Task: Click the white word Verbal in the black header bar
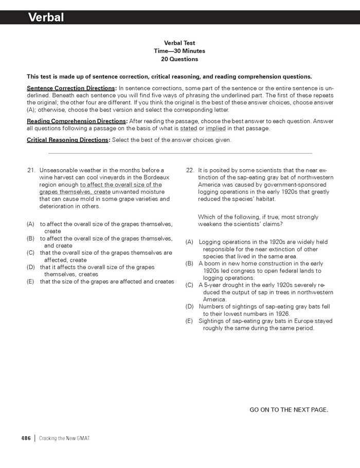point(46,17)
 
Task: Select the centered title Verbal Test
point(179,43)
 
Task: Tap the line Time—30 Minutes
point(179,51)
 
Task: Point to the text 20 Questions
point(179,59)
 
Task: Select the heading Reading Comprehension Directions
point(76,121)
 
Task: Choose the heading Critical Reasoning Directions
point(67,140)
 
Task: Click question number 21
point(31,170)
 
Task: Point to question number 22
point(190,170)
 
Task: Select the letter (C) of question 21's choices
point(30,253)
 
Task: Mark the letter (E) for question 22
point(189,321)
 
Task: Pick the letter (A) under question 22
point(189,242)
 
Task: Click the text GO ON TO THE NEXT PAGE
point(289,409)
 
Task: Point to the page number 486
point(26,438)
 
